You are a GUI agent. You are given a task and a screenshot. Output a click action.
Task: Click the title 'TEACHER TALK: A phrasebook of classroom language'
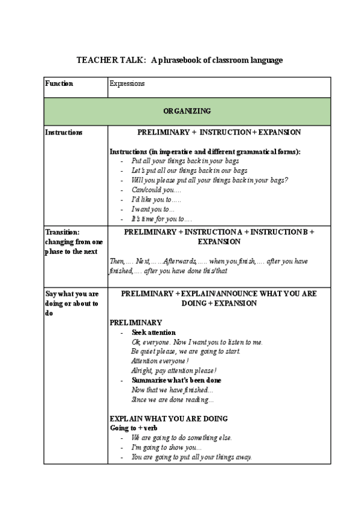click(179, 61)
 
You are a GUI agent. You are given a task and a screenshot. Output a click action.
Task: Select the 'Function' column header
click(59, 83)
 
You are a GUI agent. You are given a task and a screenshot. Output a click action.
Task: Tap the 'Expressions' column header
click(127, 83)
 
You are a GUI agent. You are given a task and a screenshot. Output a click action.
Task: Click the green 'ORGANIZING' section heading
click(187, 111)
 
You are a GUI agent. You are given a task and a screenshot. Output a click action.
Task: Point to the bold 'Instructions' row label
click(64, 132)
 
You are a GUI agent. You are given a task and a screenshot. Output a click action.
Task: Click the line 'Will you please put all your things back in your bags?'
click(209, 181)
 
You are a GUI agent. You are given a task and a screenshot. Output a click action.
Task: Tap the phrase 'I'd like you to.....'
click(156, 200)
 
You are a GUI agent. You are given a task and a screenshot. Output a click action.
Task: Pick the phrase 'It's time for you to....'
click(161, 219)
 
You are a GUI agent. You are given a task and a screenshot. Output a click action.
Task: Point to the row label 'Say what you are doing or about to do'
click(72, 304)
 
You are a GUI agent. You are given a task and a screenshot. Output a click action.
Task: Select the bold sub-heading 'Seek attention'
click(154, 333)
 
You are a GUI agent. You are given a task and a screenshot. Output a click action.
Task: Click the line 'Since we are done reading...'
click(172, 400)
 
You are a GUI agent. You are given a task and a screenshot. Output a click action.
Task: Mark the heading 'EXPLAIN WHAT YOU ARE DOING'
click(169, 418)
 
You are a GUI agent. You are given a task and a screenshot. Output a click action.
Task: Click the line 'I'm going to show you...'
click(166, 447)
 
